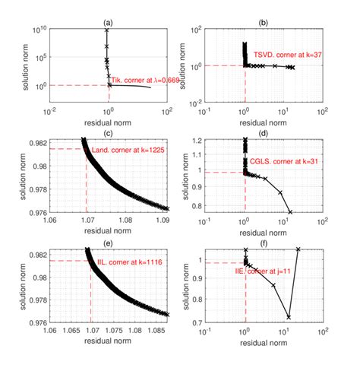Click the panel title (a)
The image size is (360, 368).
coord(108,23)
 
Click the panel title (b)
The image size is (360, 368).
coord(262,23)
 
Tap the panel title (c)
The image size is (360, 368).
coord(108,134)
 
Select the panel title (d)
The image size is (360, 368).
coord(262,134)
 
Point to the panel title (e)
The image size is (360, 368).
coord(108,243)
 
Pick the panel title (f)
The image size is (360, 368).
coord(262,243)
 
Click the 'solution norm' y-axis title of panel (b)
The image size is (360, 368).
coord(179,65)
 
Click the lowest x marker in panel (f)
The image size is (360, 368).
coord(288,316)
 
